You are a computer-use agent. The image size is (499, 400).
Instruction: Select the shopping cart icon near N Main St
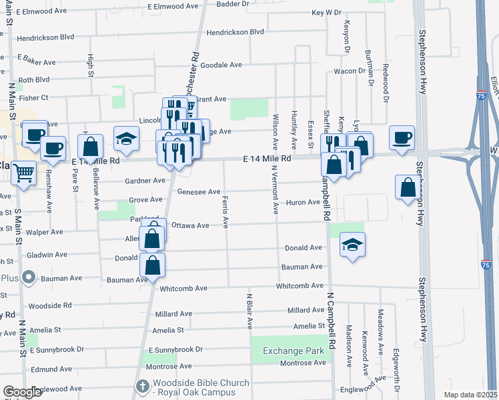click(x=23, y=173)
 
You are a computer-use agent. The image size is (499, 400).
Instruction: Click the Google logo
click(x=22, y=392)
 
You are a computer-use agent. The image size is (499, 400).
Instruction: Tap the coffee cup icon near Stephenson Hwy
click(x=402, y=138)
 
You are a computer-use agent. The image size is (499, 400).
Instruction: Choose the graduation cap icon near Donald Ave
click(x=352, y=244)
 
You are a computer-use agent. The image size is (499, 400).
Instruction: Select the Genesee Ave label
click(x=199, y=192)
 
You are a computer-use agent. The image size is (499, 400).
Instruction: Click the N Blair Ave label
click(x=249, y=311)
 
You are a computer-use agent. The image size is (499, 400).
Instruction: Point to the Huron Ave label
click(x=304, y=202)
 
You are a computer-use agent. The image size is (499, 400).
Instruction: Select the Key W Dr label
click(x=326, y=13)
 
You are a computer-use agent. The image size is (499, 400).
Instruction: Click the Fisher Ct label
click(x=33, y=98)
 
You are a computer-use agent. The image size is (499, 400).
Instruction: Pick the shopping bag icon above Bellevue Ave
click(x=90, y=145)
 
